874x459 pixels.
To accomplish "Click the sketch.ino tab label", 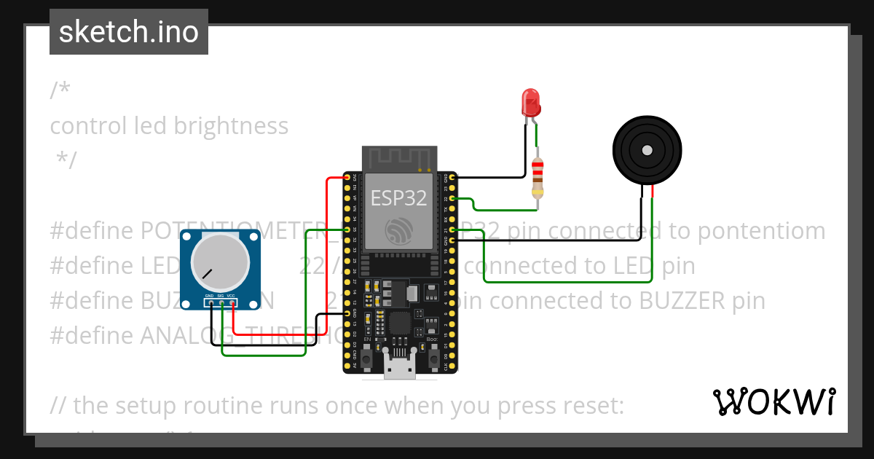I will click(x=129, y=32).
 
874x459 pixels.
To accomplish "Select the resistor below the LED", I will click(x=538, y=178).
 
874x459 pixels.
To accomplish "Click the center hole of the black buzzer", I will click(x=646, y=150).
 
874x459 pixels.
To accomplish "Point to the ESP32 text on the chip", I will click(x=398, y=197).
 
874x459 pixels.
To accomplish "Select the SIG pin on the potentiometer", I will click(x=221, y=302).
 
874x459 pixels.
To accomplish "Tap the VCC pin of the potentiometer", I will click(x=232, y=302).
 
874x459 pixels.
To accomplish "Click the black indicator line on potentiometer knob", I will click(x=208, y=274).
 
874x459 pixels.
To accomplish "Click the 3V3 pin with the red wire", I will click(x=347, y=177).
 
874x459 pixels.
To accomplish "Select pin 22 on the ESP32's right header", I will click(x=453, y=198).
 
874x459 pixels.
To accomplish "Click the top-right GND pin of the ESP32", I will click(x=453, y=177).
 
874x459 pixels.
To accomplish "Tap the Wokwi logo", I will click(x=773, y=401).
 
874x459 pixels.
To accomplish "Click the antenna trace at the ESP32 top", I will click(x=398, y=157).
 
